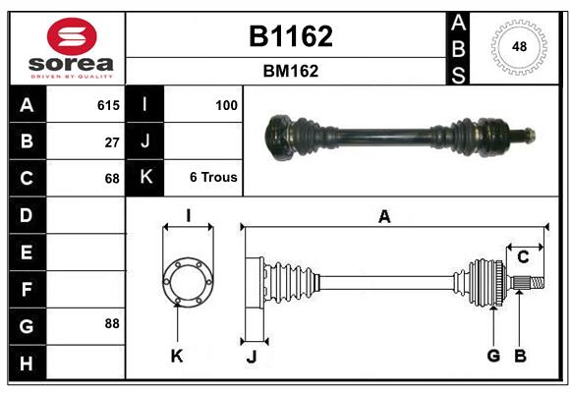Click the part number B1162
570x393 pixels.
(290, 36)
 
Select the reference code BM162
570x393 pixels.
(290, 71)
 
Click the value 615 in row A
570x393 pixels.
(107, 104)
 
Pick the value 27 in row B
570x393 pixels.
(111, 141)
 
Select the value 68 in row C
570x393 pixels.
(111, 179)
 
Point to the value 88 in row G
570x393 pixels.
(111, 323)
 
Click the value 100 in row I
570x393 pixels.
(225, 104)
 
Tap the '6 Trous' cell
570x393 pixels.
(213, 178)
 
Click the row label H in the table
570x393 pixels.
(27, 363)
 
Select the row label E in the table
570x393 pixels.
(27, 253)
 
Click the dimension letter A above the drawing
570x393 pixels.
(384, 217)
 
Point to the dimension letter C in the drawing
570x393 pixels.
(523, 257)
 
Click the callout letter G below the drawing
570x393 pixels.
(493, 356)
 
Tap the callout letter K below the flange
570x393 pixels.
(177, 356)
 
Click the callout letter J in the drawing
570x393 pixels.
(251, 356)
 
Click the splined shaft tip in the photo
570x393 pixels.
(528, 134)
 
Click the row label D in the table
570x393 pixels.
(27, 214)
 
